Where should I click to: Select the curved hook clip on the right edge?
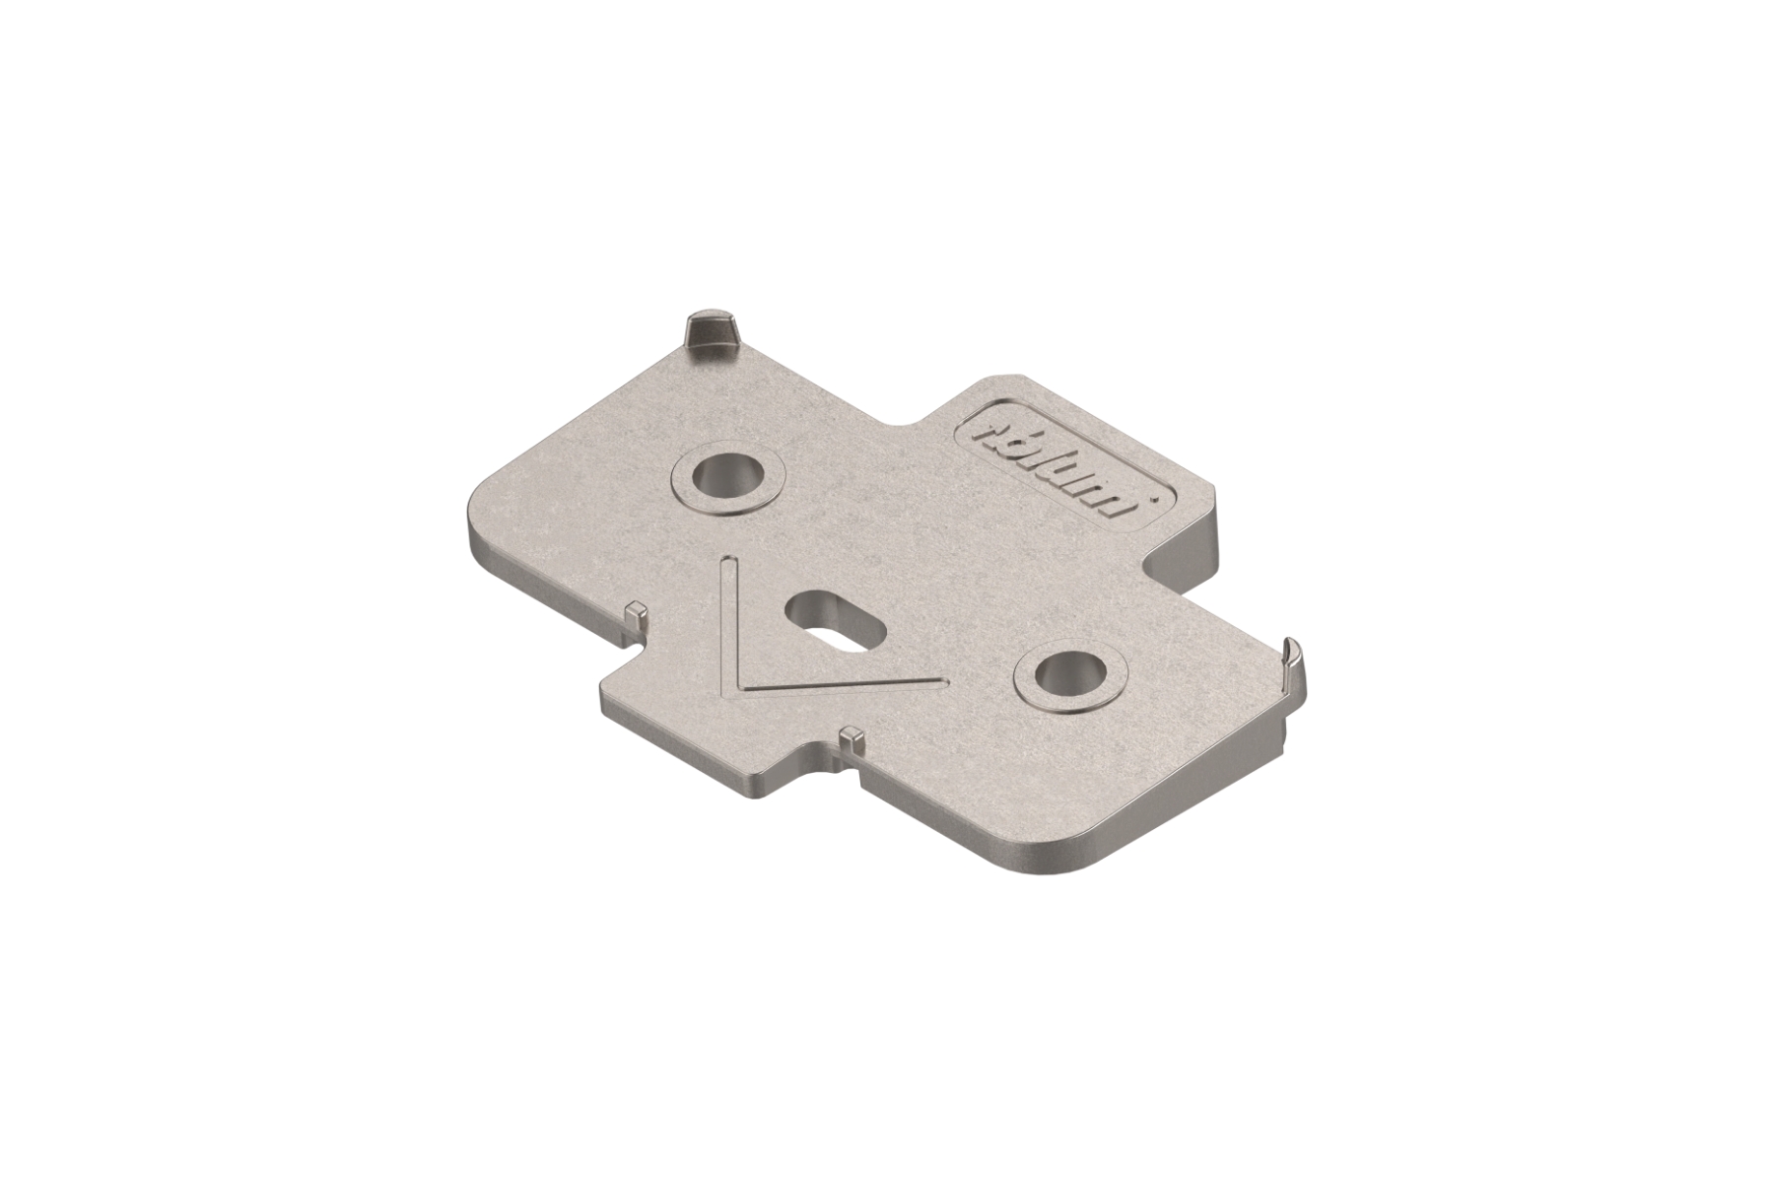(x=1292, y=670)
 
